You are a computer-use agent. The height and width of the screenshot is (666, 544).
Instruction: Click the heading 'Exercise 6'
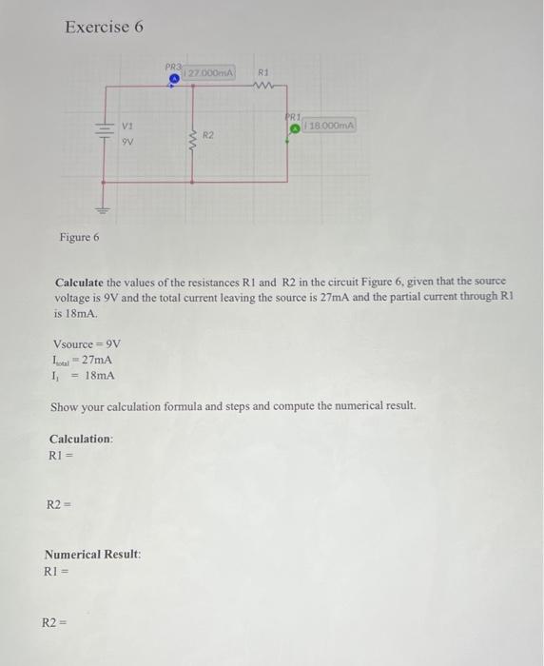104,27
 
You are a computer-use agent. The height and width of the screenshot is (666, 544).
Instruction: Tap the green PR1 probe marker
295,127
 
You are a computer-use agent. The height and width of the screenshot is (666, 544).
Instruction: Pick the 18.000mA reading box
329,125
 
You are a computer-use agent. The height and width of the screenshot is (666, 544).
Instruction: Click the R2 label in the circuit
208,136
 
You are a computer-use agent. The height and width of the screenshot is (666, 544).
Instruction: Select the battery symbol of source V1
100,132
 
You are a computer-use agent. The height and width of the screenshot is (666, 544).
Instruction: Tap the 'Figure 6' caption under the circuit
79,237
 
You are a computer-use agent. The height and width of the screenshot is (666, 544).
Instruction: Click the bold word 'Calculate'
84,284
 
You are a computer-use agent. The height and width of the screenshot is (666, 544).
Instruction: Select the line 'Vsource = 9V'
87,343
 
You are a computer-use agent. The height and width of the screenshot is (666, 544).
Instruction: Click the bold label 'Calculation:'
81,439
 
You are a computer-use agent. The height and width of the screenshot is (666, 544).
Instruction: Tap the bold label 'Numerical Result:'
92,554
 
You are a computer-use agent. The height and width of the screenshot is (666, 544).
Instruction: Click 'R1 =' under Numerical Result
55,571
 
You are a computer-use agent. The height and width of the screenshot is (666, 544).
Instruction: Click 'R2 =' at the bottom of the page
53,623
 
